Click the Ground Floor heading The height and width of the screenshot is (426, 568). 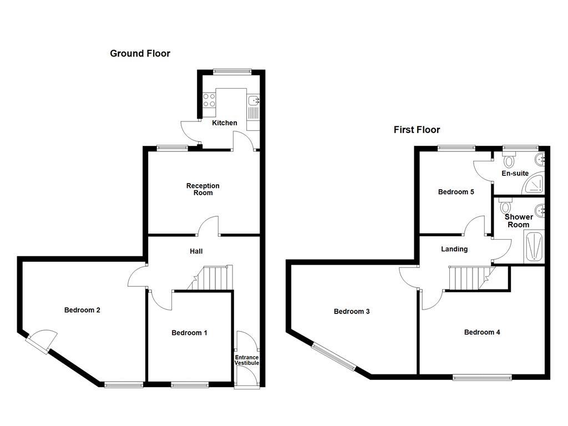[x=140, y=54]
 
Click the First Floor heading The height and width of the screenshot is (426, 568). [x=417, y=130]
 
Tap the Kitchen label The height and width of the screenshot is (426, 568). [x=225, y=123]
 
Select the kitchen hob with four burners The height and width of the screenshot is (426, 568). [x=209, y=100]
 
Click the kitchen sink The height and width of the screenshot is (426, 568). [x=255, y=100]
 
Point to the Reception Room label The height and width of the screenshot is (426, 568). [x=202, y=189]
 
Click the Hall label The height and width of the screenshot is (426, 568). [x=196, y=251]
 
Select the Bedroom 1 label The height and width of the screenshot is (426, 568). [x=189, y=333]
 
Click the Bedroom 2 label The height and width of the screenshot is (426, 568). [x=82, y=310]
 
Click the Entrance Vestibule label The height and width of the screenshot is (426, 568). [x=247, y=360]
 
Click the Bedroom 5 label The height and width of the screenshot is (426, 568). [x=456, y=192]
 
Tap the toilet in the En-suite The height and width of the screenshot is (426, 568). [x=509, y=161]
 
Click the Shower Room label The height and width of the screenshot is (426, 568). [x=519, y=221]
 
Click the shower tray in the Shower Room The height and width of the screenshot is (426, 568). [x=533, y=246]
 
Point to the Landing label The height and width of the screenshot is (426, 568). [x=454, y=249]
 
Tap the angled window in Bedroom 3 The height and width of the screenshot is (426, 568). [x=334, y=356]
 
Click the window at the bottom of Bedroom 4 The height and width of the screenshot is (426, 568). [x=482, y=378]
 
